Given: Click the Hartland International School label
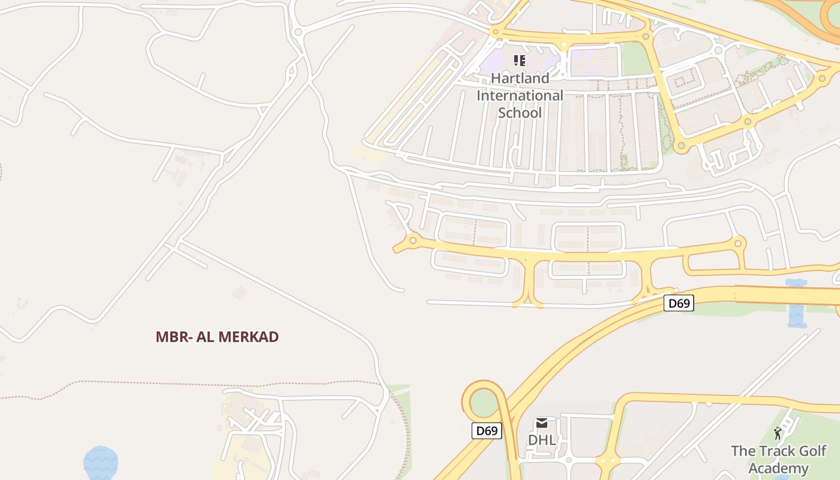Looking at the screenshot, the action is (520, 95).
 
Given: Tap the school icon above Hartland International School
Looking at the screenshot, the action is (520, 60).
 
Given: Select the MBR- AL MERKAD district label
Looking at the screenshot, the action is (217, 337).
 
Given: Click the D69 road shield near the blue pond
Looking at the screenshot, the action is (679, 304).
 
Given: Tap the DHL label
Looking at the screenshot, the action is (541, 440).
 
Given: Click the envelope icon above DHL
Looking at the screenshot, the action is (542, 423).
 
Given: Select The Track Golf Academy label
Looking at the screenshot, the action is (778, 460).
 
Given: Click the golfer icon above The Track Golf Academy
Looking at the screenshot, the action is (778, 433).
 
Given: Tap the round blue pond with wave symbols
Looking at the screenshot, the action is (101, 463).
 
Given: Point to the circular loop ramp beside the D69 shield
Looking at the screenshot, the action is (484, 401).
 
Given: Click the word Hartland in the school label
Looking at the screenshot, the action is (520, 78).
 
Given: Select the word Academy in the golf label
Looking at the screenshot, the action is (778, 469).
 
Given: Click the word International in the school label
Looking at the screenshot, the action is (520, 95).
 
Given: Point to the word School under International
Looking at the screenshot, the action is (520, 113).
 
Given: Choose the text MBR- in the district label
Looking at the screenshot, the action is (171, 337).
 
